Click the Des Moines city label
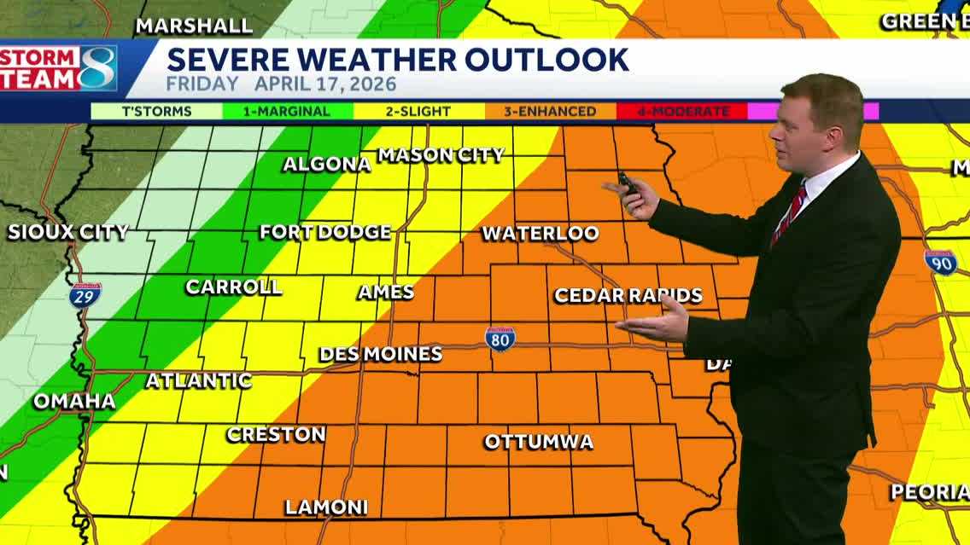coord(381,354)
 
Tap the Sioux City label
coord(68,232)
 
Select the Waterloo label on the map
coord(541,234)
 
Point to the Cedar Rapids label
coord(628,296)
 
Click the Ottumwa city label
coord(539,442)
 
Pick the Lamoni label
coord(326,507)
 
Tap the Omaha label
coord(74,402)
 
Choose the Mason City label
coord(441,155)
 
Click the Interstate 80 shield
coord(500,339)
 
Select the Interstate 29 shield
coord(85,295)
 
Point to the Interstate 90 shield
coord(940,262)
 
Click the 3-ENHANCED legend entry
coord(551,112)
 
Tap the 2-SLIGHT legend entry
coord(418,112)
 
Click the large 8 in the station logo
coord(97,68)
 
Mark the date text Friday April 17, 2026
coord(281,84)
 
